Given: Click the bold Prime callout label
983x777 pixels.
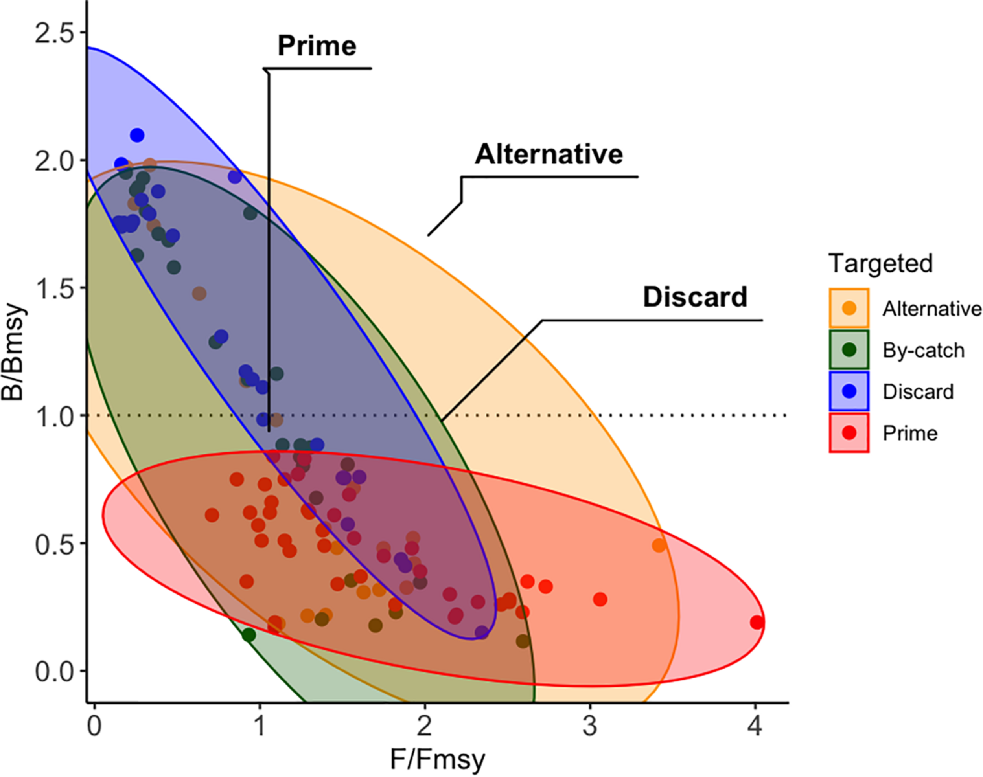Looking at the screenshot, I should (317, 46).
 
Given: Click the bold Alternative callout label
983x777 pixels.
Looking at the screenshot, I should (549, 155).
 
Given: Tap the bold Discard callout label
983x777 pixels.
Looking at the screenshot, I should (695, 297).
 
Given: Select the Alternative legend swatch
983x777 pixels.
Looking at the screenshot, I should (849, 309).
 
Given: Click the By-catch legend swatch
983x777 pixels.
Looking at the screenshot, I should (849, 350).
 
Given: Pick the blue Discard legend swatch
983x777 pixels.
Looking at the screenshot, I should (849, 391).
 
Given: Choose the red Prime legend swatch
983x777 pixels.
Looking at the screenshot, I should (849, 433).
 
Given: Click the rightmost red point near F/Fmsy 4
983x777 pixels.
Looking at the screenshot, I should (757, 622).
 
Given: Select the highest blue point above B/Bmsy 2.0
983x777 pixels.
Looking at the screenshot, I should (137, 135).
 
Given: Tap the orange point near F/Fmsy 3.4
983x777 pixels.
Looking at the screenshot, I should (659, 546).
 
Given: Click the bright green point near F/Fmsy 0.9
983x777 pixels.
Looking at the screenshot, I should (249, 635).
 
